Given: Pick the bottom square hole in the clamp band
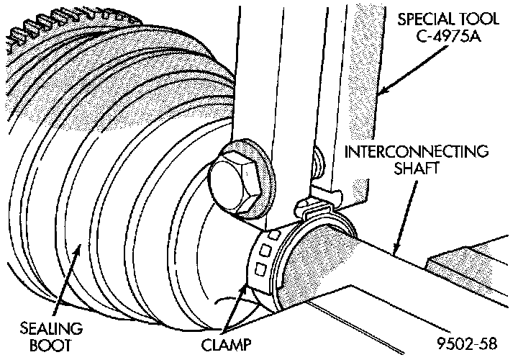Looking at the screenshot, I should coord(257,269).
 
